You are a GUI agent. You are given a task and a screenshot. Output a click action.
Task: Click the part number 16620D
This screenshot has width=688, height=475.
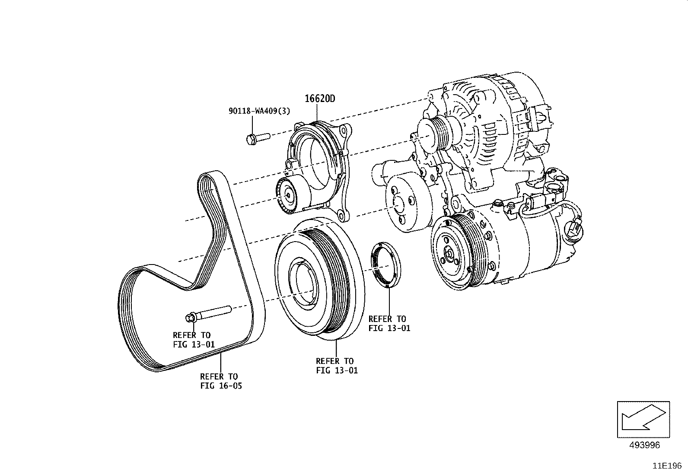pos(320,99)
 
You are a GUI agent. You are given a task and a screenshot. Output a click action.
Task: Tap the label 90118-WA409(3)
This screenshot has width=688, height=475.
pos(259,111)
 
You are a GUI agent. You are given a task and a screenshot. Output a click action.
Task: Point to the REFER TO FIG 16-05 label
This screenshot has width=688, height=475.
pos(221,381)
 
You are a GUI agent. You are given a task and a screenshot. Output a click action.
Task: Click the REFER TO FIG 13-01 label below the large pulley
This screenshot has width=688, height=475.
pos(337,365)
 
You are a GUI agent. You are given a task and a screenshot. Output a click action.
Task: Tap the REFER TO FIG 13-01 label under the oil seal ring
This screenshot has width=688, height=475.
pos(389,323)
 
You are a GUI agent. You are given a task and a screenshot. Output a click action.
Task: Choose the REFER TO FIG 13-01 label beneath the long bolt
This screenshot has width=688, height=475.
pos(193,340)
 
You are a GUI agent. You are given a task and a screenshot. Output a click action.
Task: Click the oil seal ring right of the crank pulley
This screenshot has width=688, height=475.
pos(385,265)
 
